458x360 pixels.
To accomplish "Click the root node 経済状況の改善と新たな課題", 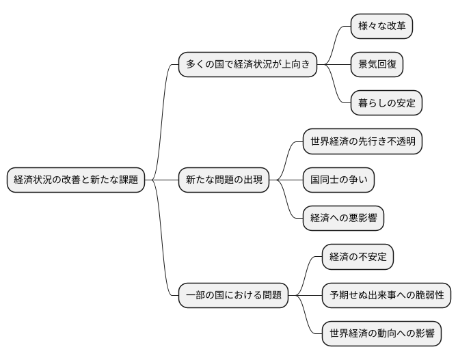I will pos(76,180).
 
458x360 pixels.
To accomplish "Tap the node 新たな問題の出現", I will pos(224,180).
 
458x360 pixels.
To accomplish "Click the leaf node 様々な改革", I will pos(381,27).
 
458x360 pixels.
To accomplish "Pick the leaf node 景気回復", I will pos(377,65).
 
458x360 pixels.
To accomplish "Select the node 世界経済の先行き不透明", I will pos(362,142).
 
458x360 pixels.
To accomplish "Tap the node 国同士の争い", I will pos(338,180).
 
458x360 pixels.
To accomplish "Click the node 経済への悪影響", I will pos(343,219).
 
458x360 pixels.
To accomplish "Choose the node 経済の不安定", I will pos(358,258).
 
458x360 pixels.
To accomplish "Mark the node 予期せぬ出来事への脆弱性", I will pos(386,296).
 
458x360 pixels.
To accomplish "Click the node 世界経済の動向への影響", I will pos(381,334).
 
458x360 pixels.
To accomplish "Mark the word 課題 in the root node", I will pos(127,180).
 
